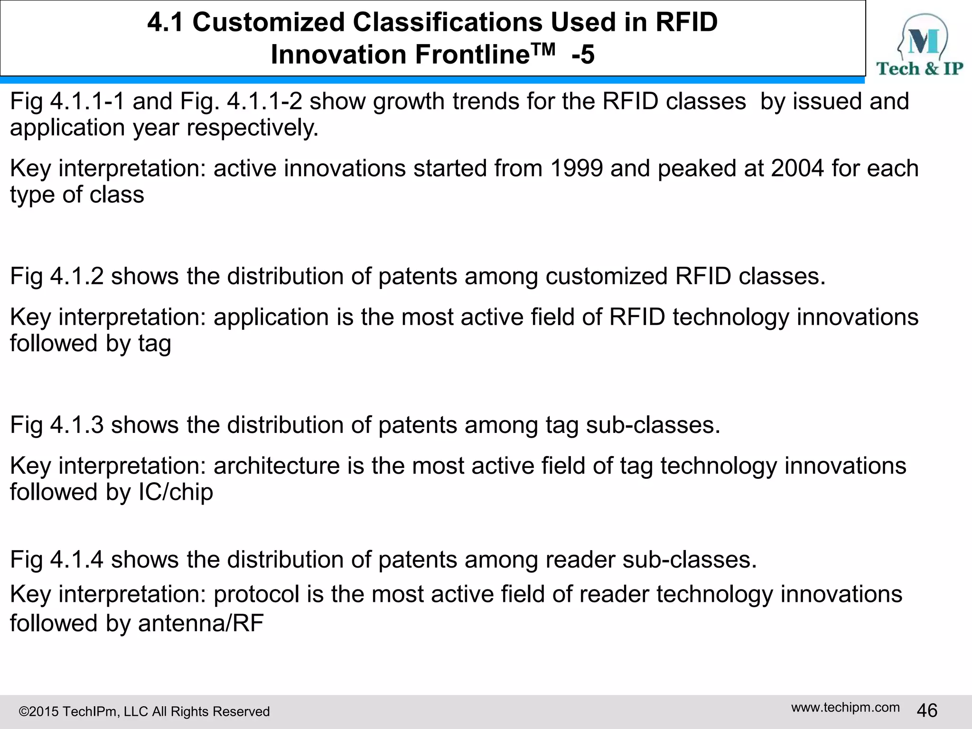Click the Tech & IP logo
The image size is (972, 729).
coord(919,45)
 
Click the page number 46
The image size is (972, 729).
coord(927,710)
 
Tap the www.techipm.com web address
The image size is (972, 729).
coord(845,707)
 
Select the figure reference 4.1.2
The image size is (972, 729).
coord(77,276)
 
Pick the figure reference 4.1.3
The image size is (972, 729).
coord(77,425)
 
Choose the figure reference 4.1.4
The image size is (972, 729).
coord(77,560)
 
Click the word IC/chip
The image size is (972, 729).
coord(176,492)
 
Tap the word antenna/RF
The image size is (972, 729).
coord(201,623)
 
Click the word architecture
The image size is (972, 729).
coord(277,466)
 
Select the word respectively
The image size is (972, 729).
coord(252,128)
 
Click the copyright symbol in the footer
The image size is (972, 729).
coord(23,712)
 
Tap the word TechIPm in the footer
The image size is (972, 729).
coord(90,712)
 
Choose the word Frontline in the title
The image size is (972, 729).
coord(472,55)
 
